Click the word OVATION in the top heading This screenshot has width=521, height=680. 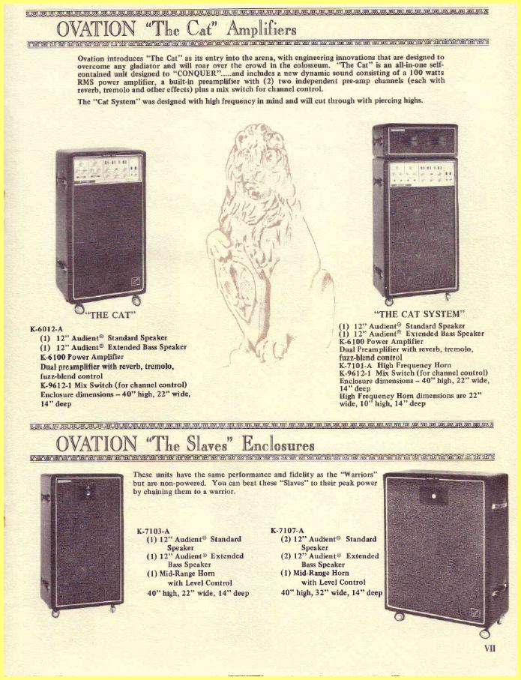click(x=96, y=28)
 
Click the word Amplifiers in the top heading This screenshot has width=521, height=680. click(x=262, y=29)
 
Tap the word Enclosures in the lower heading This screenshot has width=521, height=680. click(x=278, y=444)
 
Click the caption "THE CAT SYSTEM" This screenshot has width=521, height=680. click(x=420, y=313)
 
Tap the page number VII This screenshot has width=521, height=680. click(x=490, y=649)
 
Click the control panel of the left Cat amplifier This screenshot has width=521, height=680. click(x=108, y=169)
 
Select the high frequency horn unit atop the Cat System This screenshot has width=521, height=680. click(x=415, y=139)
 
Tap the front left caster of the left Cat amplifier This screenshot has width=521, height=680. click(x=79, y=309)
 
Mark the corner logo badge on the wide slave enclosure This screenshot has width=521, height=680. click(x=475, y=613)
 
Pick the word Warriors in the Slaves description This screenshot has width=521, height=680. click(x=359, y=475)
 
